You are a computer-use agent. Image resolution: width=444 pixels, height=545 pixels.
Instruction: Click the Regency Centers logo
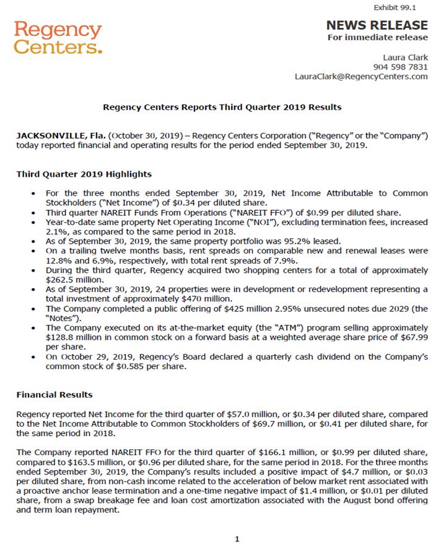point(58,38)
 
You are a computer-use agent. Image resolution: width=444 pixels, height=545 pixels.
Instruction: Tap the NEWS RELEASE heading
point(377,25)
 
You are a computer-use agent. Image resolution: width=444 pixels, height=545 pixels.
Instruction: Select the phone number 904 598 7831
point(401,67)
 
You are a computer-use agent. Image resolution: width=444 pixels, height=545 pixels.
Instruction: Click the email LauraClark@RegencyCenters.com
point(361,76)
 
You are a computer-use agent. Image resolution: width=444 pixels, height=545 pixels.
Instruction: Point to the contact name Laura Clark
point(406,58)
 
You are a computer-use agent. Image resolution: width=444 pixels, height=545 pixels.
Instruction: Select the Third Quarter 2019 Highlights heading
point(84,174)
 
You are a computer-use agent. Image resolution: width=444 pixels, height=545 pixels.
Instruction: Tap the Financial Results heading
point(54,394)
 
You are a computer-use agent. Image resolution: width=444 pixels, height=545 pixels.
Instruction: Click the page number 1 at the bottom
point(236,539)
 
